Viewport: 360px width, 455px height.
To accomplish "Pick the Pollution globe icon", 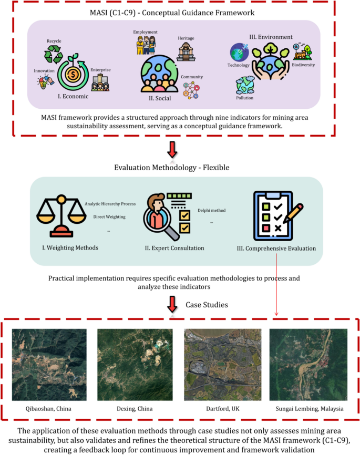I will point(245,86).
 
